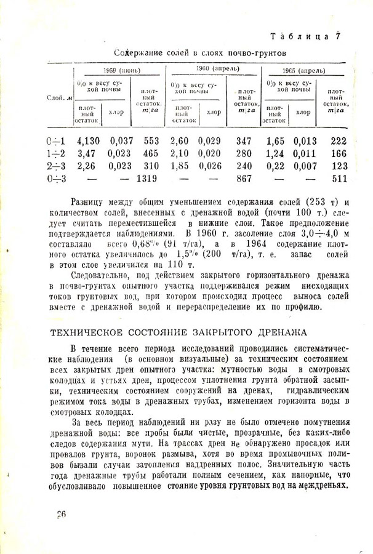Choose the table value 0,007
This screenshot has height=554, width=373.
(x=305, y=166)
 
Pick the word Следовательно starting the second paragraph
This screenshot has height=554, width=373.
(x=102, y=277)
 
